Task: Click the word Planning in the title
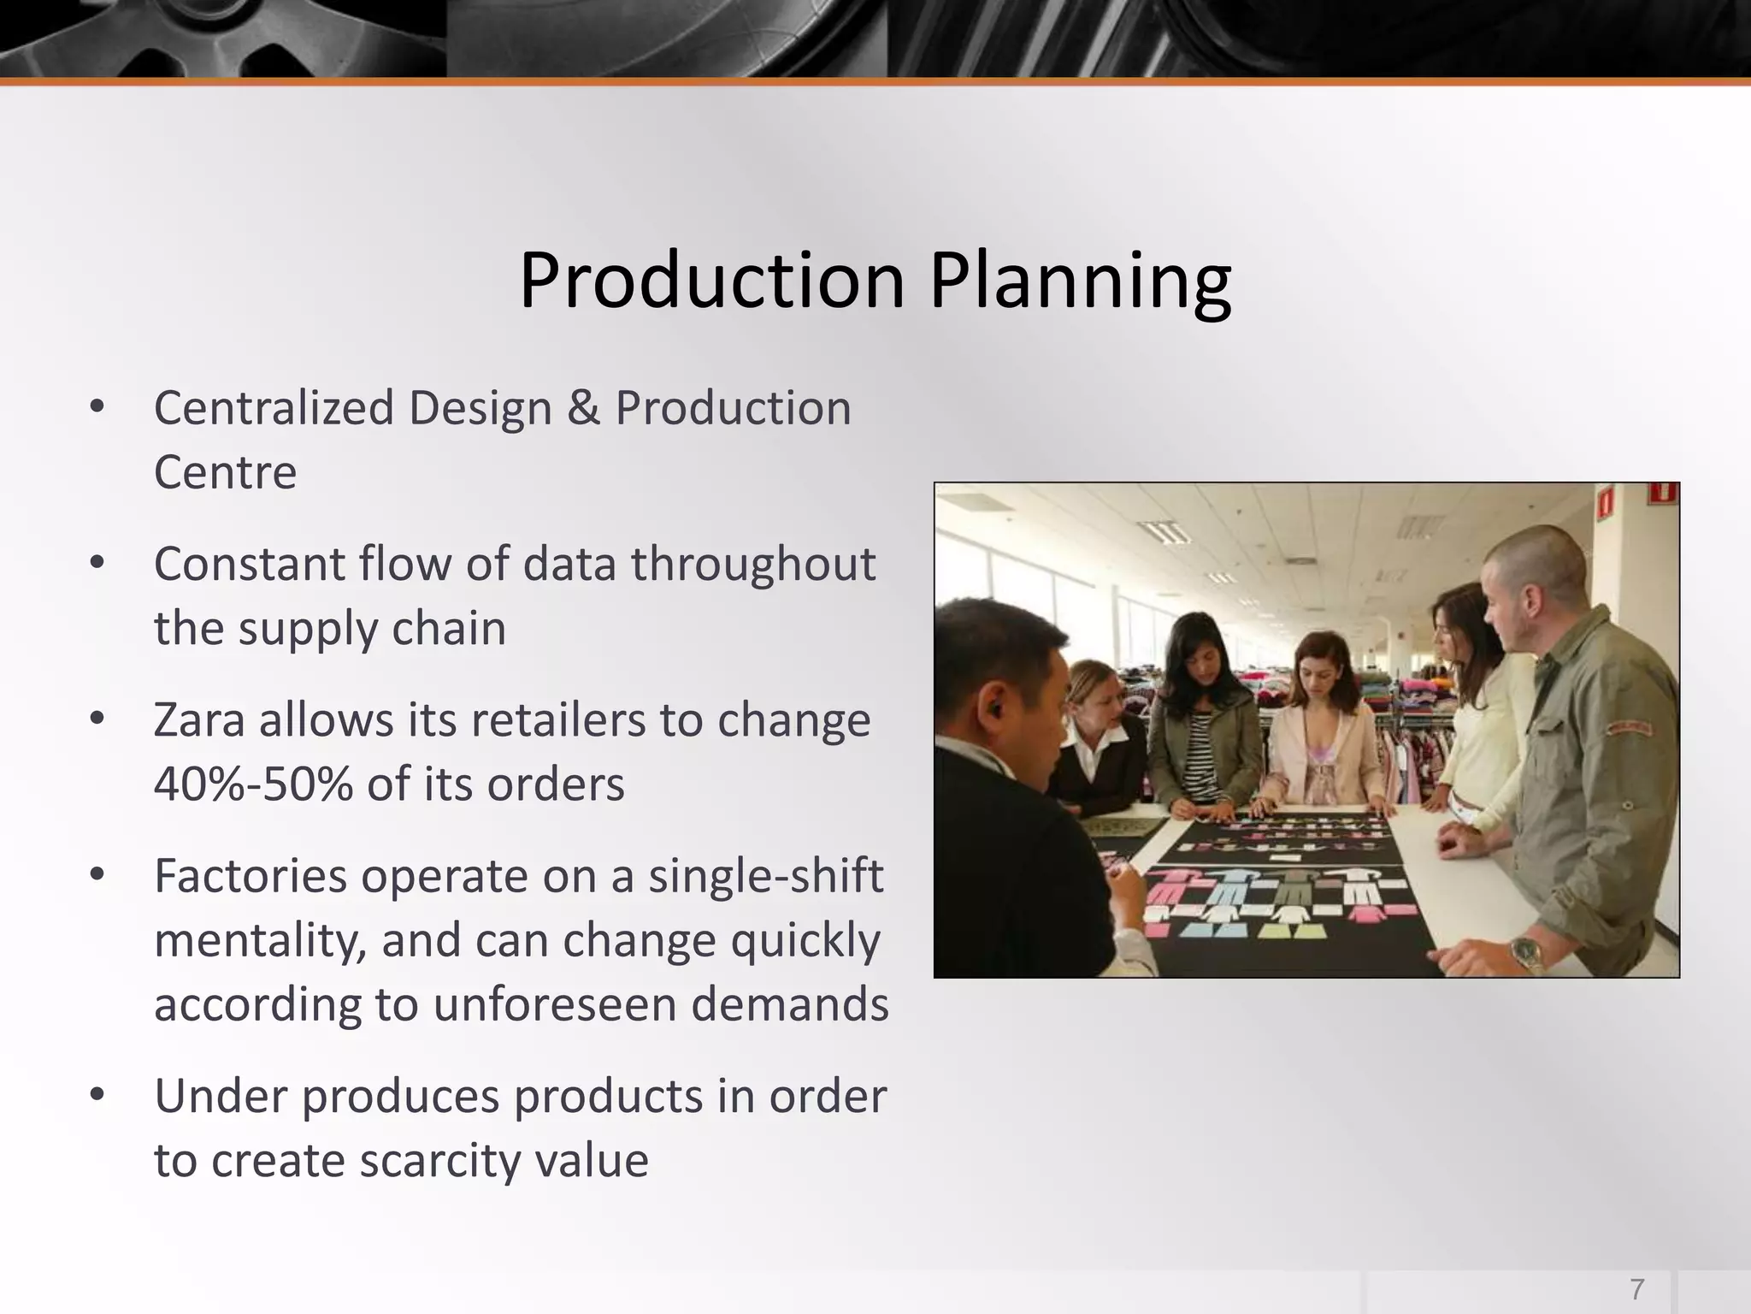point(1080,282)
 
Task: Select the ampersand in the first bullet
point(583,408)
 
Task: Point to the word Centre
point(225,472)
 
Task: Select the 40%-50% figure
point(253,784)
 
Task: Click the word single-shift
point(765,876)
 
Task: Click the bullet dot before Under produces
point(97,1094)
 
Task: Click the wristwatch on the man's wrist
point(1527,953)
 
